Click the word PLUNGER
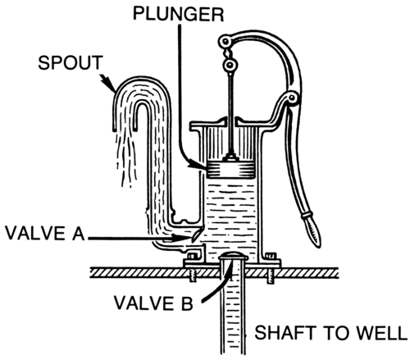[x=178, y=14]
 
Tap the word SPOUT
[x=71, y=62]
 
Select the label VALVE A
[x=45, y=233]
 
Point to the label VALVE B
[x=153, y=303]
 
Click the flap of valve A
[x=197, y=234]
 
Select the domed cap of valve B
[x=233, y=256]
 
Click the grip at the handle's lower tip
[x=312, y=229]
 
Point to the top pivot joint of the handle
[x=225, y=42]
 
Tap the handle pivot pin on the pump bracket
[x=292, y=98]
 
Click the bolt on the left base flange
[x=192, y=257]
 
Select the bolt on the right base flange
[x=271, y=257]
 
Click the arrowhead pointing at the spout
[x=110, y=83]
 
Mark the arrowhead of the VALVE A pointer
[x=181, y=238]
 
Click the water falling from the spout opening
[x=126, y=158]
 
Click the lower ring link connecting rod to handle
[x=230, y=65]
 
